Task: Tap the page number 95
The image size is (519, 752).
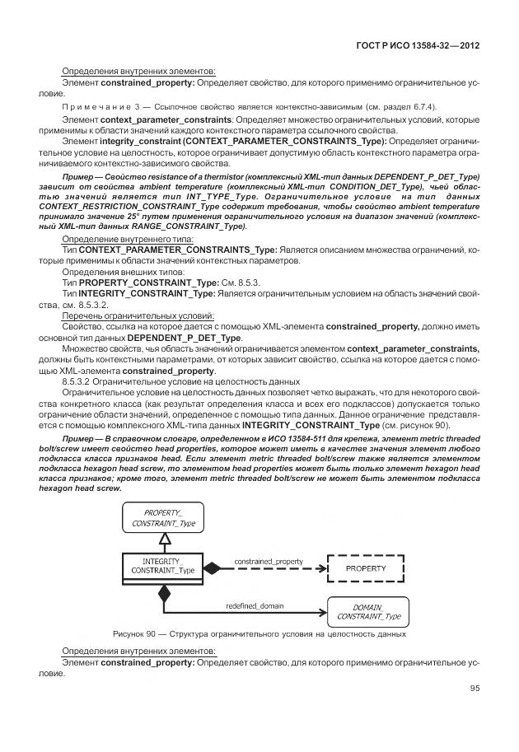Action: tap(475, 689)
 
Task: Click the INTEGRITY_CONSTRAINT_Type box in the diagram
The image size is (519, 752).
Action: tap(163, 567)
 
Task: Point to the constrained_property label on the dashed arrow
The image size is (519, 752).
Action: tap(269, 562)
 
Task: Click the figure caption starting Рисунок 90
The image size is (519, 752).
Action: tap(259, 633)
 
